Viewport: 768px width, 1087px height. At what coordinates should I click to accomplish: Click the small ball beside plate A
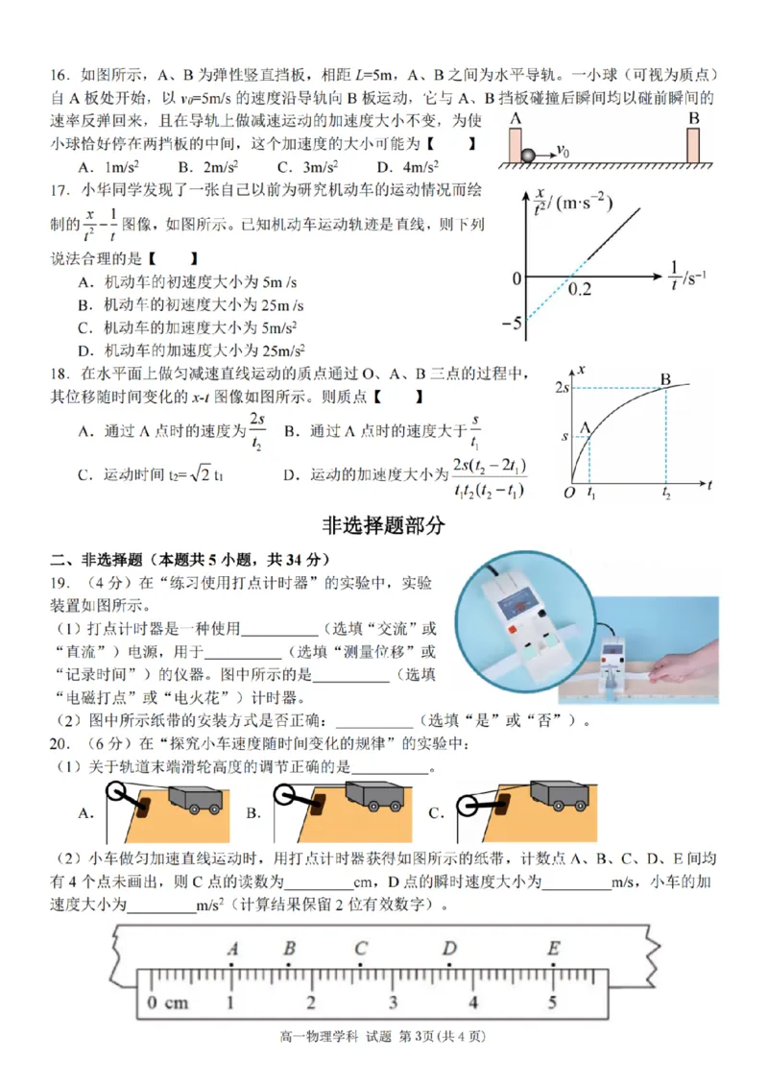[527, 153]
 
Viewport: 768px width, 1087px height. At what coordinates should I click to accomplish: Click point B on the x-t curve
[665, 378]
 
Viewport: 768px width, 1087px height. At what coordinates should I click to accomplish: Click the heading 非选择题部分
[385, 525]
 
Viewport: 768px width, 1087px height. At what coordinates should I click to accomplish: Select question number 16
[60, 75]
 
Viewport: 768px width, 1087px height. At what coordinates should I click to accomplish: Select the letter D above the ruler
[449, 949]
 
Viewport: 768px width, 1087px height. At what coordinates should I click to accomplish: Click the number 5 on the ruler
[552, 1003]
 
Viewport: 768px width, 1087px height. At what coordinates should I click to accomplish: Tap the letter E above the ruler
[553, 949]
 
